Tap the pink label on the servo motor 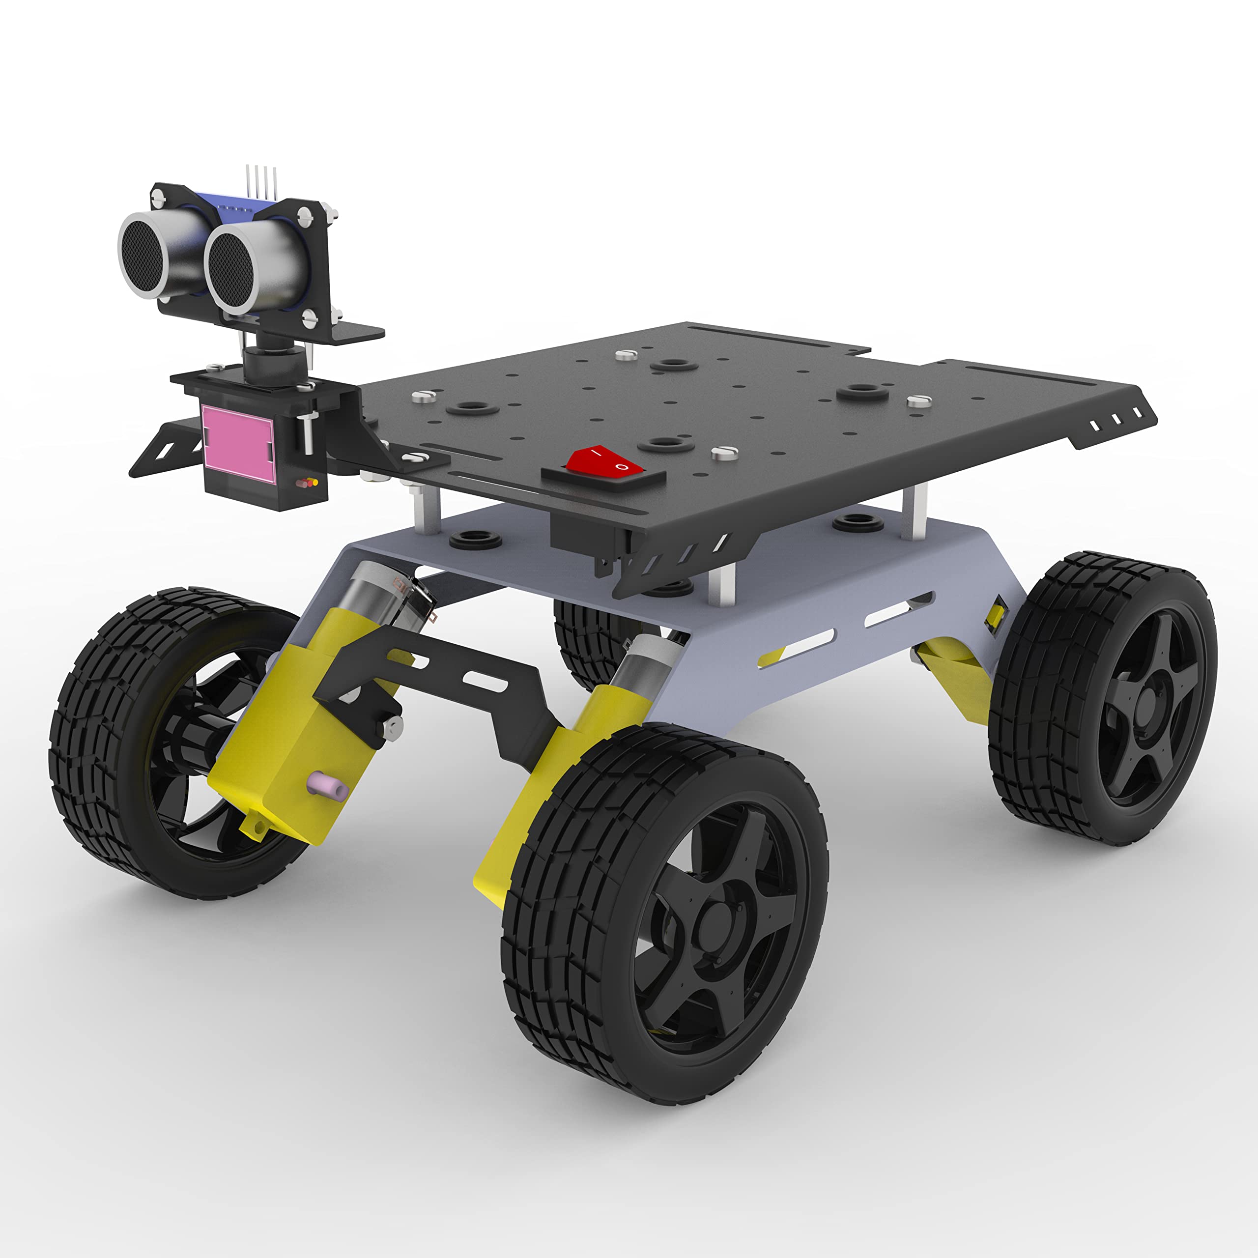click(236, 443)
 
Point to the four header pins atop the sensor click(261, 181)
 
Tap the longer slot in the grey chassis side click(797, 647)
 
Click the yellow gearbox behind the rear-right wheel click(957, 677)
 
